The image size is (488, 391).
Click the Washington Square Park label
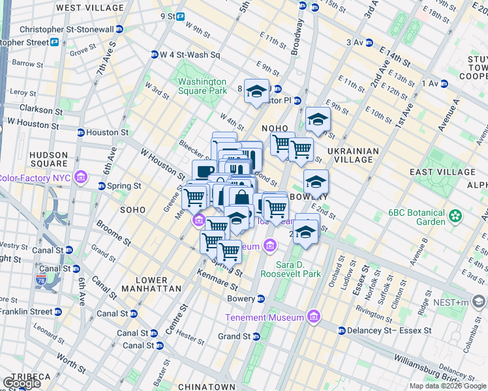[x=202, y=87]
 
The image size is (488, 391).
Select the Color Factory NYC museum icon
[x=81, y=177]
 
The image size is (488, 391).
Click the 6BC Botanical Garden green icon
[x=455, y=215]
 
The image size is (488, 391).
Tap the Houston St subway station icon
[x=81, y=132]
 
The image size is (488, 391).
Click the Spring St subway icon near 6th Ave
[x=102, y=186]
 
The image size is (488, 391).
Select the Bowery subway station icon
[x=261, y=298]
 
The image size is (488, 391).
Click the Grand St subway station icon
[x=256, y=336]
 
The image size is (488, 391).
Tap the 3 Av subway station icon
[x=369, y=42]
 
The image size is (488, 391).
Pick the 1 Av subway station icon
[x=444, y=83]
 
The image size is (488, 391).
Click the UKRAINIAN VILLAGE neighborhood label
[x=353, y=155]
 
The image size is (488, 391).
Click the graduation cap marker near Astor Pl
[x=256, y=91]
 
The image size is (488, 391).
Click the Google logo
[x=22, y=383]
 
